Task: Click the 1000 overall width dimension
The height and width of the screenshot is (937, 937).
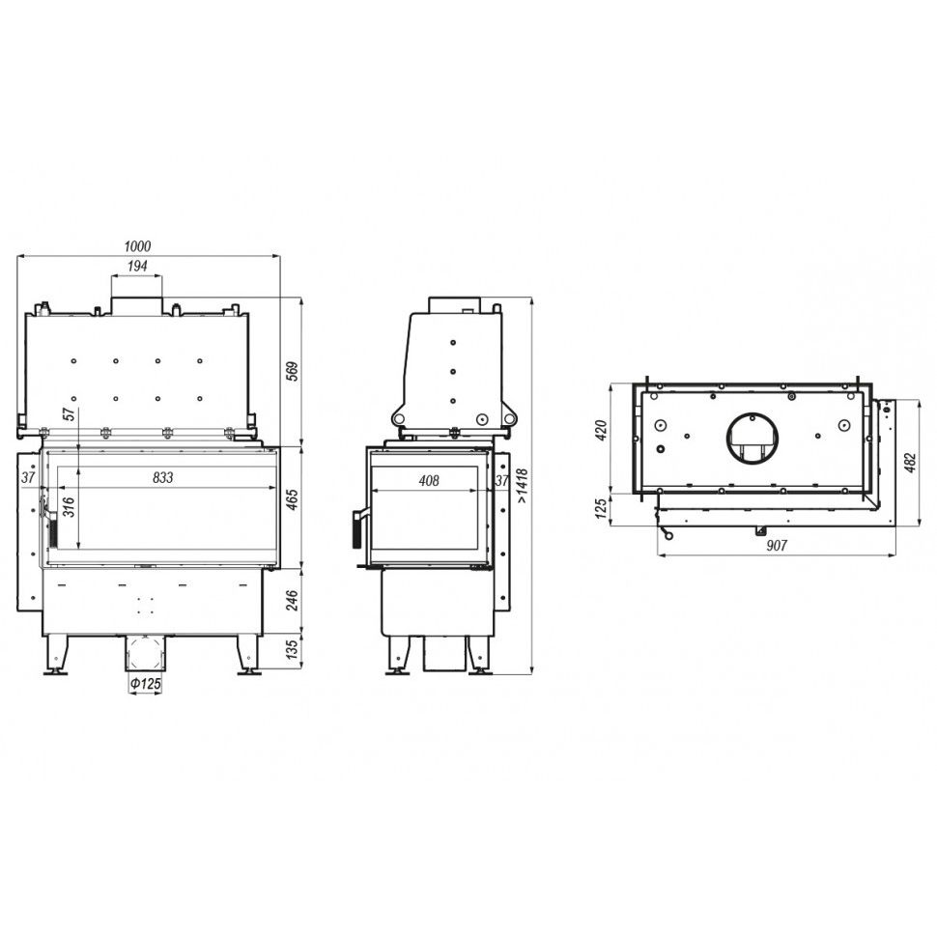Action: [137, 246]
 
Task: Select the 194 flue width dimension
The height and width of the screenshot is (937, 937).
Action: [137, 266]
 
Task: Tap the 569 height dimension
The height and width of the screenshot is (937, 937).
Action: [293, 372]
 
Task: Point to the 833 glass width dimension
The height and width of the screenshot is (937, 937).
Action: [162, 477]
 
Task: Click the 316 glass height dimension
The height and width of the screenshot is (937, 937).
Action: [69, 507]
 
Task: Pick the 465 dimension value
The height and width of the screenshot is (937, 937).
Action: [293, 500]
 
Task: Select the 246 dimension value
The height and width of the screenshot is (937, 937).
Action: [293, 601]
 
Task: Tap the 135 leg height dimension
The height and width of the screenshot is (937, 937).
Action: [293, 649]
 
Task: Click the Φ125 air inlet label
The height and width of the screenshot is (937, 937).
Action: [146, 683]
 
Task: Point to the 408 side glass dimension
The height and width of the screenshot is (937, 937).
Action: [429, 480]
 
